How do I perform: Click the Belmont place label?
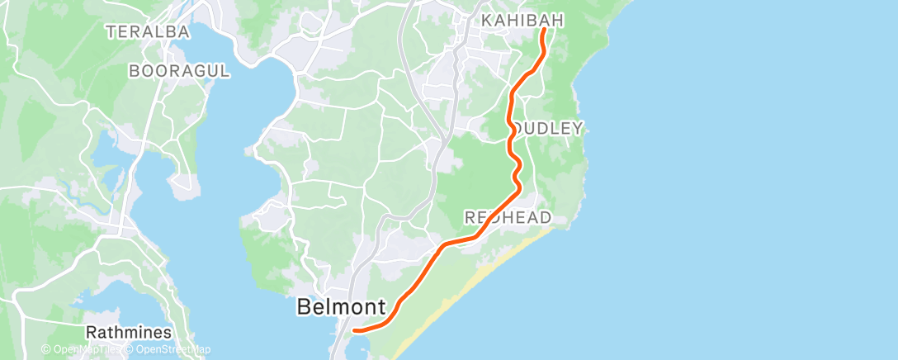[x=341, y=308]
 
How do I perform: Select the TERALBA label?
[x=149, y=32]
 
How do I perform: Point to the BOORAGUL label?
[x=179, y=71]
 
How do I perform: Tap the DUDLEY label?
[x=548, y=128]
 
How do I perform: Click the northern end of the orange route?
[x=545, y=31]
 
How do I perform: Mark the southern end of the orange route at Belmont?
[x=355, y=330]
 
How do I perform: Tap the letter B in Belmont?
[x=304, y=308]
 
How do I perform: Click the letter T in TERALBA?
[x=111, y=32]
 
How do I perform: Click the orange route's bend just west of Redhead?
[x=446, y=245]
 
